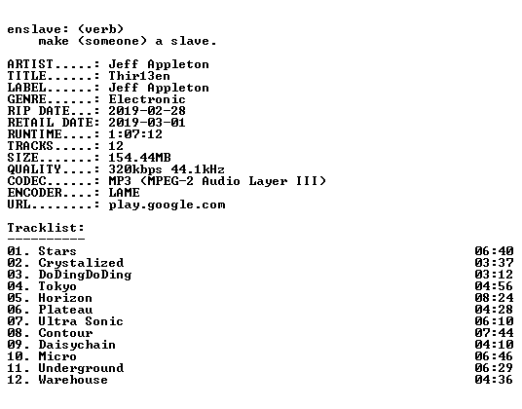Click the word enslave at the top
(34, 29)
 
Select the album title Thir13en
(139, 76)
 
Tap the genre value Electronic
(147, 99)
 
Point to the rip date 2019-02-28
(147, 111)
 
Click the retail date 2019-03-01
(147, 123)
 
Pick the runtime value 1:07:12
(135, 134)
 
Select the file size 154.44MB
(139, 158)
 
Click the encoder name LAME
(124, 193)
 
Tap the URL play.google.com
(167, 204)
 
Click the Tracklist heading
(46, 228)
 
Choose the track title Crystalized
(81, 263)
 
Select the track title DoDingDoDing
(85, 275)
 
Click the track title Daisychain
(77, 345)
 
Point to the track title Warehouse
(73, 380)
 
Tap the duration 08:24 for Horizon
(494, 298)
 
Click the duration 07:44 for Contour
(494, 333)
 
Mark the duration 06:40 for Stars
(494, 251)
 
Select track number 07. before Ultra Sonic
(19, 321)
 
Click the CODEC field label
(26, 181)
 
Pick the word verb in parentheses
(100, 29)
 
